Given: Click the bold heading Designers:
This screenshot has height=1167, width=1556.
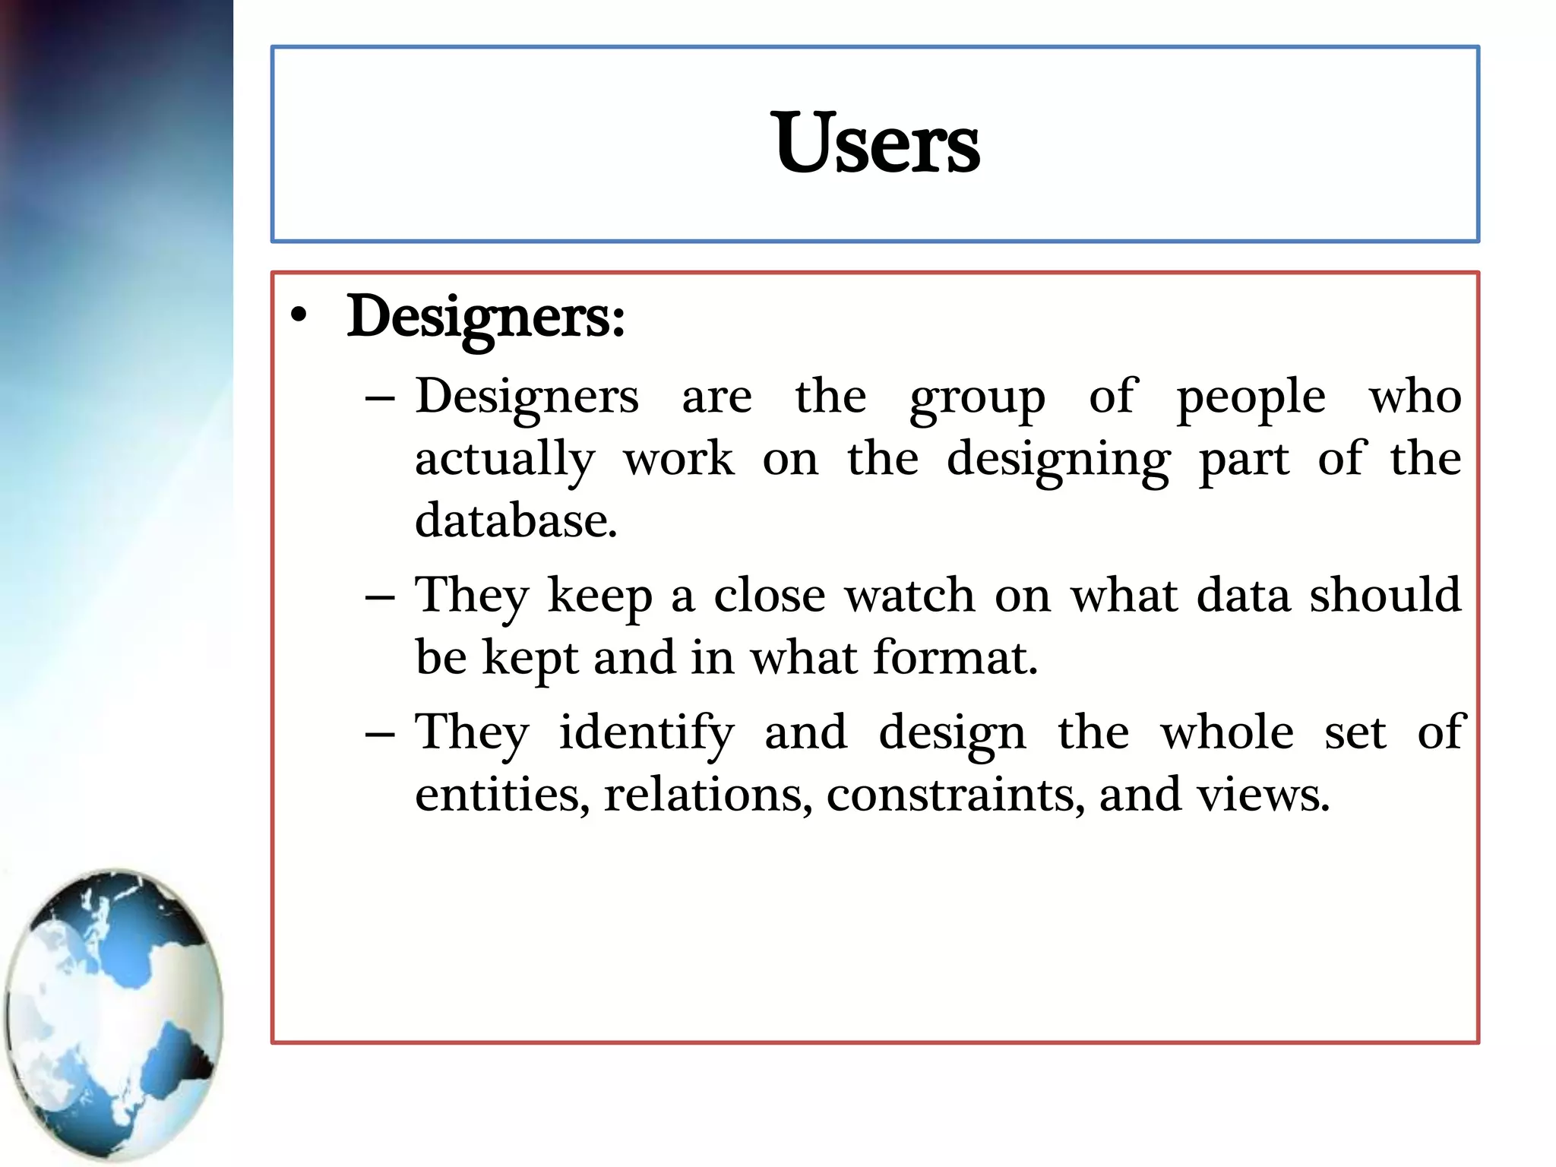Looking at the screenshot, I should pos(485,318).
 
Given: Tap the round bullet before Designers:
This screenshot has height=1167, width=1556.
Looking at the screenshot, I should pos(299,316).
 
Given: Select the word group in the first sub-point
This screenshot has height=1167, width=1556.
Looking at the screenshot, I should pos(977,398).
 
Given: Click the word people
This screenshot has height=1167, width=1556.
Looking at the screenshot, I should pos(1251,398).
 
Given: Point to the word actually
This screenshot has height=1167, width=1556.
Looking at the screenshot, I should pos(504,460).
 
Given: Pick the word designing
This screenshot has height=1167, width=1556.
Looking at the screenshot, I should pos(1058,460).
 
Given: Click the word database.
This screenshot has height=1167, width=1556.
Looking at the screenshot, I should pos(516,521).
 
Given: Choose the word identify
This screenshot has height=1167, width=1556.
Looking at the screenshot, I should pos(647,734).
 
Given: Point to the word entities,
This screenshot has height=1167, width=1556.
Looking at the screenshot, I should pos(502,795).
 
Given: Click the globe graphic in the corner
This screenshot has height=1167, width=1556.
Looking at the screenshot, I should pos(114,1014).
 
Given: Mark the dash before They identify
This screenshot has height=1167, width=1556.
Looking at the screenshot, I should pos(380,734).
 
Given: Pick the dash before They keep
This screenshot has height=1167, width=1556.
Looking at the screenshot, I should pos(380,596).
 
